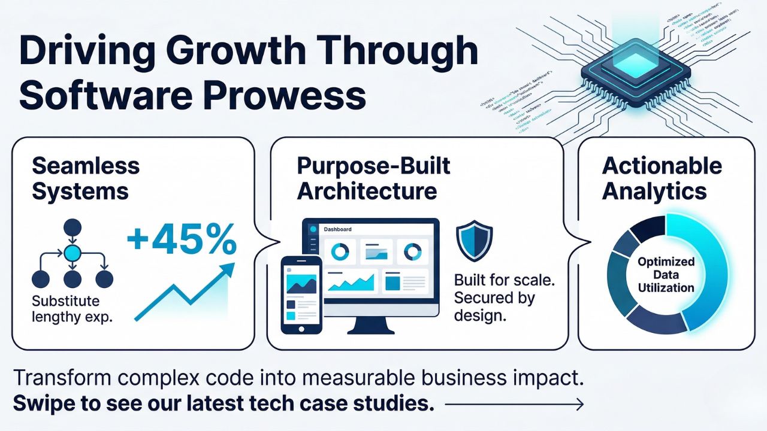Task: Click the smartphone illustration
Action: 301,294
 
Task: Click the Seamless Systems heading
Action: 85,178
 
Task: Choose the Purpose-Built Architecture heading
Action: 373,178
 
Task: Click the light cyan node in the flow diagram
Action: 73,253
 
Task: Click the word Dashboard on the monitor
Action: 337,229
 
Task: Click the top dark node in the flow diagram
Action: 73,227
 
